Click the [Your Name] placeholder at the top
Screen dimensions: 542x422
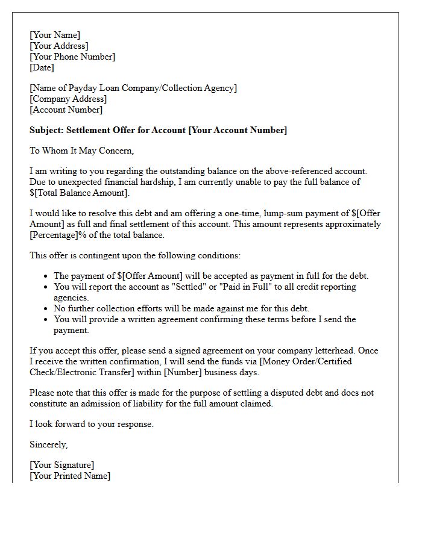pyautogui.click(x=55, y=35)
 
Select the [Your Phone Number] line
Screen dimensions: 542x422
pyautogui.click(x=72, y=57)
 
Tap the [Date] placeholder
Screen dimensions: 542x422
pyautogui.click(x=42, y=67)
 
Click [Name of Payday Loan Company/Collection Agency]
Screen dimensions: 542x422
pyautogui.click(x=133, y=88)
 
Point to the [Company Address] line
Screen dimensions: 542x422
pyautogui.click(x=68, y=99)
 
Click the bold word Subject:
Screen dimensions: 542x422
pyautogui.click(x=46, y=130)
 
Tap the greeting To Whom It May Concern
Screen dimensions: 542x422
pyautogui.click(x=81, y=151)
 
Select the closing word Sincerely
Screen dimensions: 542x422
pyautogui.click(x=48, y=444)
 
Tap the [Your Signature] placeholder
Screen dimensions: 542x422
pyautogui.click(x=62, y=465)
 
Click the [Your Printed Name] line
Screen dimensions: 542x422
pyautogui.click(x=70, y=476)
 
